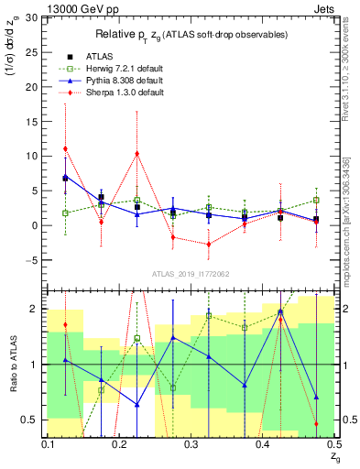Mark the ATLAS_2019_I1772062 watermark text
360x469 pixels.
[191, 274]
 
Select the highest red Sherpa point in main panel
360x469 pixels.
[65, 148]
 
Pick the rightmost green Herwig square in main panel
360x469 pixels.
[316, 200]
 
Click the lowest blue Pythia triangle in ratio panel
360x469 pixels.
[137, 404]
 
